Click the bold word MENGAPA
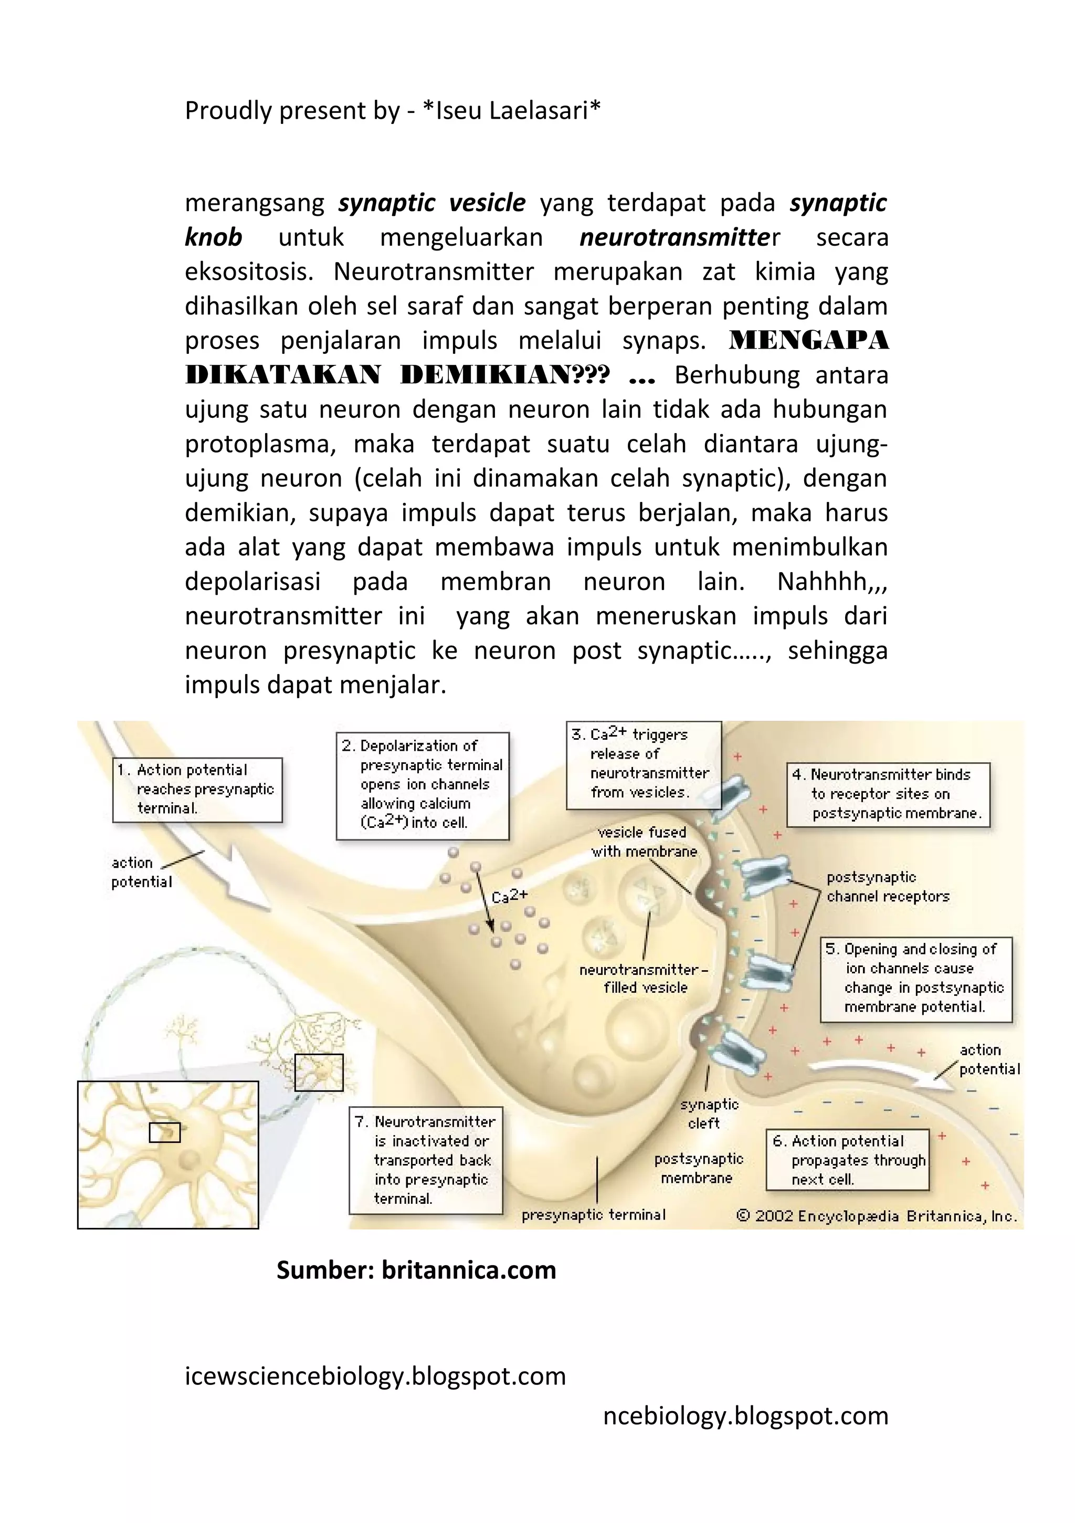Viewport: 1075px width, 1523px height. [x=808, y=341]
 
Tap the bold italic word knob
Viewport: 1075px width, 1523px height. [x=214, y=237]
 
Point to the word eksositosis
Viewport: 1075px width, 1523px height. [x=249, y=272]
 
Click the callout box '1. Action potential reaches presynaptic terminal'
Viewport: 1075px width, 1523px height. [x=197, y=790]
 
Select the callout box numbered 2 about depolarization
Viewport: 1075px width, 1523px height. [x=423, y=785]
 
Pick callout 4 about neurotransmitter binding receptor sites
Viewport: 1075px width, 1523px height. [x=889, y=794]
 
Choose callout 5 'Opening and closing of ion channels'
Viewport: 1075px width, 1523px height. [x=916, y=979]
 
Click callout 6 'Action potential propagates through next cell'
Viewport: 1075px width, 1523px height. [x=847, y=1160]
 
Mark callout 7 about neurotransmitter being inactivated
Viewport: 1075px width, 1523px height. [x=426, y=1160]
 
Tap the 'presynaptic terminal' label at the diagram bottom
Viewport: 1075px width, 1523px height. [x=593, y=1214]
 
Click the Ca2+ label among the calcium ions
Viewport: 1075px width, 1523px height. [x=509, y=896]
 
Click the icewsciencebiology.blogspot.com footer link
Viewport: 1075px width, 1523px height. [x=375, y=1376]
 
